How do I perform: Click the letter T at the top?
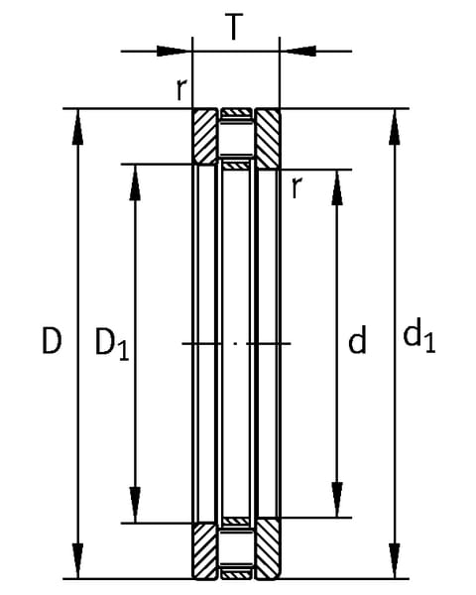click(x=234, y=26)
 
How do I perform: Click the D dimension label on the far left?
click(x=52, y=341)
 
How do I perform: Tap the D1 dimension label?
click(x=112, y=344)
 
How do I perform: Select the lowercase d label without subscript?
click(x=357, y=339)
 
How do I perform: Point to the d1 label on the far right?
click(x=419, y=335)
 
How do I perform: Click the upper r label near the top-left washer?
click(x=181, y=89)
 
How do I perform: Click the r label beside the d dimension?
click(x=297, y=187)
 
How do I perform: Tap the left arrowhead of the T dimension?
click(x=173, y=51)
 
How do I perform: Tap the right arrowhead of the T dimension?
click(x=299, y=51)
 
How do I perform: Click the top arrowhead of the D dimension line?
click(x=77, y=127)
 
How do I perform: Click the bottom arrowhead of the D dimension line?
click(x=77, y=561)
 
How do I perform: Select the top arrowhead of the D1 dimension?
click(x=135, y=182)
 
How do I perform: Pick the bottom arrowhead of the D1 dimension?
click(x=135, y=505)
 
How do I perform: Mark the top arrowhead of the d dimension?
click(x=337, y=187)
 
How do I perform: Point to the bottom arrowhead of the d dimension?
click(x=337, y=500)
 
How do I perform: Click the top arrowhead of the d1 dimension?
click(x=395, y=127)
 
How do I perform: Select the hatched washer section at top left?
click(x=205, y=137)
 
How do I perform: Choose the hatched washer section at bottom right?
click(x=269, y=550)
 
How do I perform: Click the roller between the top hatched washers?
click(x=236, y=139)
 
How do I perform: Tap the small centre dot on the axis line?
click(x=235, y=343)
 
